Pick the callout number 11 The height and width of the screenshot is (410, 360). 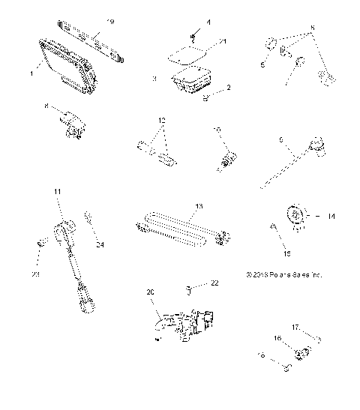coord(58,193)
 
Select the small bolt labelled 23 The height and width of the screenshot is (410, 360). coord(42,244)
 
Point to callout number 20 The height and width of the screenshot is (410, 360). coord(149,292)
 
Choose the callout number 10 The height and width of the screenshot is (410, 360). coord(217,129)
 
